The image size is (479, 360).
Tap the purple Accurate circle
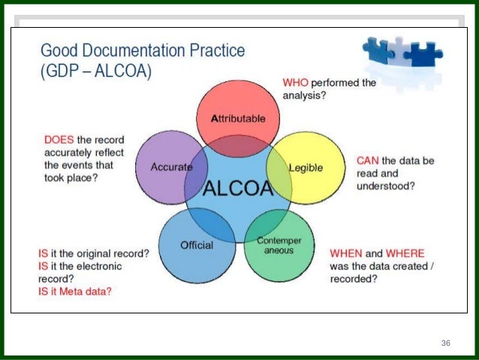[170, 167]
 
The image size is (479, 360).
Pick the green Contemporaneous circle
[279, 247]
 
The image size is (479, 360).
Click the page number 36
[446, 343]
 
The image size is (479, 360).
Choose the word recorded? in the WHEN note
[354, 279]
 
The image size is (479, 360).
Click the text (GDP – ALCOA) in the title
[95, 72]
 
